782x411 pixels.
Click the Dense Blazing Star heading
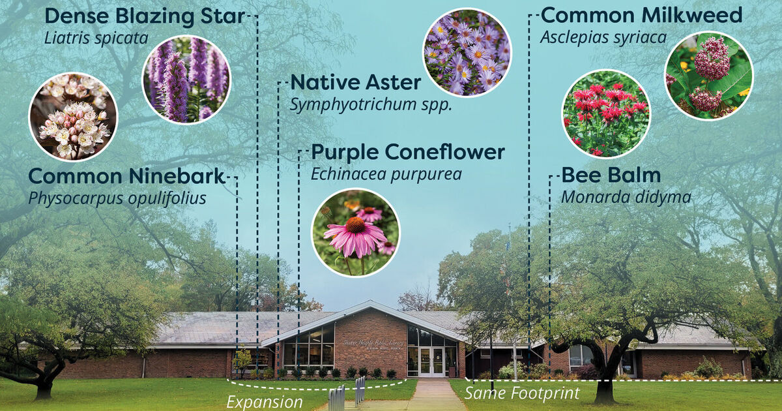pyautogui.click(x=144, y=16)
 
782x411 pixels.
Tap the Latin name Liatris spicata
pyautogui.click(x=96, y=38)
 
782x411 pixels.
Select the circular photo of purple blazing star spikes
pyautogui.click(x=186, y=79)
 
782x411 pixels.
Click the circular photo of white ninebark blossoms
pyautogui.click(x=73, y=117)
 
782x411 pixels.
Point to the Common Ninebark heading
pyautogui.click(x=126, y=176)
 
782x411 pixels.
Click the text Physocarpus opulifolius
pyautogui.click(x=117, y=198)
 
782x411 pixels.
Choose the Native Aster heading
pyautogui.click(x=356, y=83)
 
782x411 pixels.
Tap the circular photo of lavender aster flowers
pyautogui.click(x=467, y=52)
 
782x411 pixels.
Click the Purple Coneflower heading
pyautogui.click(x=408, y=152)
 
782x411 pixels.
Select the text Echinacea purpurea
pyautogui.click(x=386, y=174)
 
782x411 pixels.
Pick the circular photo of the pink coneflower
pyautogui.click(x=355, y=233)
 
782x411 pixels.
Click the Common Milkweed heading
pyautogui.click(x=641, y=15)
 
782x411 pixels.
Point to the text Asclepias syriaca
pyautogui.click(x=603, y=38)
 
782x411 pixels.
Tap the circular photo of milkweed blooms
pyautogui.click(x=709, y=76)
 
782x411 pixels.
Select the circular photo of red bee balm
pyautogui.click(x=606, y=114)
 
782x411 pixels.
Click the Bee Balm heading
pyautogui.click(x=611, y=175)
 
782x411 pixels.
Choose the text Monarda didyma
pyautogui.click(x=626, y=197)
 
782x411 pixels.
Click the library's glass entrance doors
pyautogui.click(x=431, y=361)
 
